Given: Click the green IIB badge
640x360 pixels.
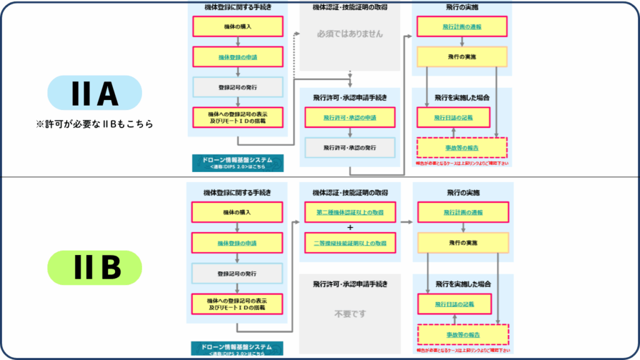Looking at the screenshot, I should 95,267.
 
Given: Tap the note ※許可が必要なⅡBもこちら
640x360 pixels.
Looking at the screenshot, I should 95,124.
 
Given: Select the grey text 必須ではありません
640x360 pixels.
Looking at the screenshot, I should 349,34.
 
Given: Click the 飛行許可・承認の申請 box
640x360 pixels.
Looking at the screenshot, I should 349,117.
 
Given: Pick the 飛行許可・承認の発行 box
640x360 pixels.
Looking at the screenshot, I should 349,147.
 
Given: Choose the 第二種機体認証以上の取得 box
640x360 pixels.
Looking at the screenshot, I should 349,212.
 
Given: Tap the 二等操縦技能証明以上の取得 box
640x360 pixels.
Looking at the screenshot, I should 349,242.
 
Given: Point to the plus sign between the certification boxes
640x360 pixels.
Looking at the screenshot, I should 350,227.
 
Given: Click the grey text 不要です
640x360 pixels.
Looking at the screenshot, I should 349,314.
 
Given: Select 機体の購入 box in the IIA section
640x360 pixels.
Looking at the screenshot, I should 237,26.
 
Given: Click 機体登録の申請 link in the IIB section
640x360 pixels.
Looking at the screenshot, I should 237,242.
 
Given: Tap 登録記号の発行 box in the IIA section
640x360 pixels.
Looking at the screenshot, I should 237,87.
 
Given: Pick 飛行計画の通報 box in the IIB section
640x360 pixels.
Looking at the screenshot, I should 462,212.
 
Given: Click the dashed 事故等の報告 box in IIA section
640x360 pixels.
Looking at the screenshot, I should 462,147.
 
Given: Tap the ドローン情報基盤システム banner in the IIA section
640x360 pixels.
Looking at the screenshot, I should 237,162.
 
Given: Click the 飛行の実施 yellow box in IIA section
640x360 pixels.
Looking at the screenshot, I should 462,57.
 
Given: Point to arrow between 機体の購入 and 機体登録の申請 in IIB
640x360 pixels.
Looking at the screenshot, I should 237,227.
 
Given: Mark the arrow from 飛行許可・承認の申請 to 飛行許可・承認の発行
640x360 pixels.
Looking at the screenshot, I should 350,132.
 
